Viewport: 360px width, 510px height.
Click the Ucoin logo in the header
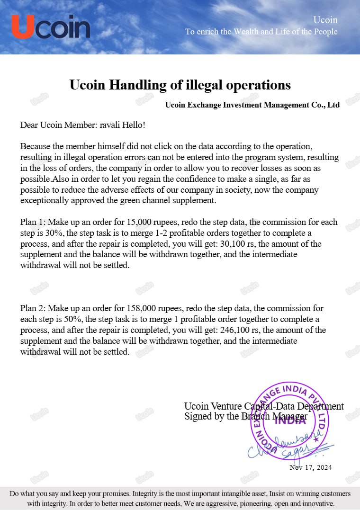51,27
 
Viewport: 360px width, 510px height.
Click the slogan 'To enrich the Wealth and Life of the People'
261,32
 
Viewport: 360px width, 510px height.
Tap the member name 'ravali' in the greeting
111,125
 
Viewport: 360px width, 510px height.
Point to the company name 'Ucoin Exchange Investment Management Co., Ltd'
252,105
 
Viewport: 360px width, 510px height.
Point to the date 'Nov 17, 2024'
311,467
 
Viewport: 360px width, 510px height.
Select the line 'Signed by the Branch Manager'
245,417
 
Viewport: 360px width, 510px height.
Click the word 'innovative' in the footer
318,504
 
